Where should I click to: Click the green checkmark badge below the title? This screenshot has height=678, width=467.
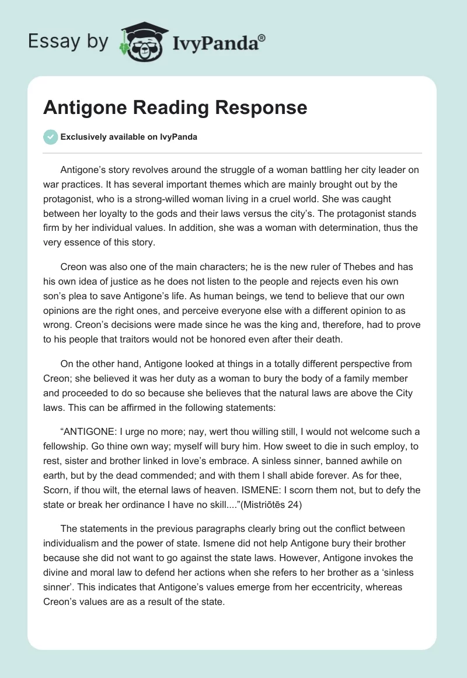50,137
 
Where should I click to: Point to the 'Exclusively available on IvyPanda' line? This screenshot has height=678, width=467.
129,137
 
